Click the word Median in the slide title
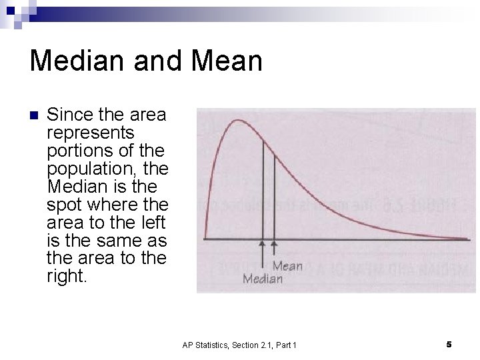[x=74, y=61]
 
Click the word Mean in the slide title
[x=227, y=61]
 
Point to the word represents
[x=91, y=133]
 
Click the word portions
[x=79, y=151]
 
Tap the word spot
[x=65, y=204]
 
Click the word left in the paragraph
[x=154, y=222]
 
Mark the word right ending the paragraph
[x=67, y=276]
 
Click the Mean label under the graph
[x=287, y=266]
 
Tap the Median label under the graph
[x=263, y=279]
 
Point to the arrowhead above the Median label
[x=263, y=245]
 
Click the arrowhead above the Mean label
[x=274, y=245]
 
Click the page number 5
[x=449, y=344]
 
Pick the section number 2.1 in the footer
[x=260, y=345]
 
